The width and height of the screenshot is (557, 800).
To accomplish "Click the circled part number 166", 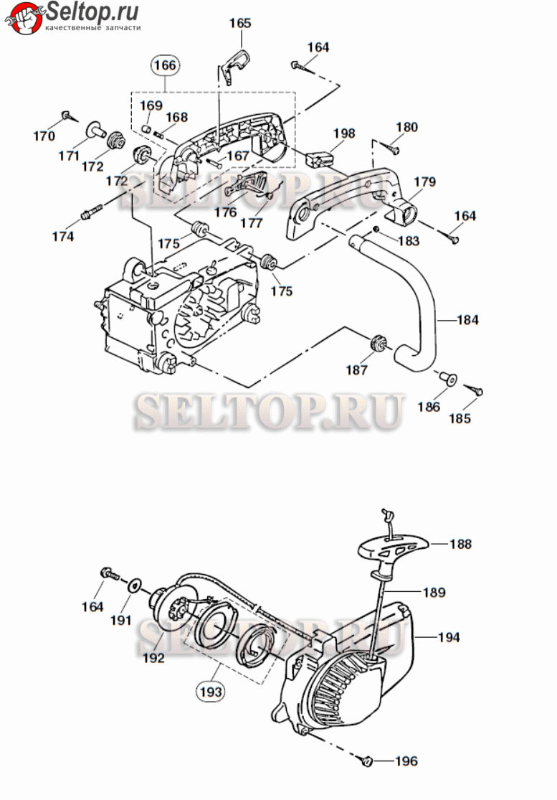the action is tap(165, 65).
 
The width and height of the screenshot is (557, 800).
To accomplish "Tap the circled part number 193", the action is tap(211, 692).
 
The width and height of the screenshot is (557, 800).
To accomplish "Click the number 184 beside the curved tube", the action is tap(467, 320).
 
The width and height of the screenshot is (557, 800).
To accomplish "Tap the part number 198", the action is tap(344, 133).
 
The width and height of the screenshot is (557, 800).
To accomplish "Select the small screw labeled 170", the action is tap(68, 116).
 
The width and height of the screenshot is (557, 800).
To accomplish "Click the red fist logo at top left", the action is tap(23, 18).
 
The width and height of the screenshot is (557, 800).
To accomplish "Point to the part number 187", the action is tap(356, 370).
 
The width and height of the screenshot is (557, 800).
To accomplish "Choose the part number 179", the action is tap(424, 182).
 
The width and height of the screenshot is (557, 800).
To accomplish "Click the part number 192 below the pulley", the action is tap(153, 658).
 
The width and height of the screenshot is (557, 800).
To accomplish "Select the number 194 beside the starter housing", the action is tap(449, 636).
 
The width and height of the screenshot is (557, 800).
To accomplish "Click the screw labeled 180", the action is tap(392, 149).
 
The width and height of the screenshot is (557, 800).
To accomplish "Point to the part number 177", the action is tap(251, 222).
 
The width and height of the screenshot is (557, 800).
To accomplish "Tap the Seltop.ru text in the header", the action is tap(92, 11).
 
